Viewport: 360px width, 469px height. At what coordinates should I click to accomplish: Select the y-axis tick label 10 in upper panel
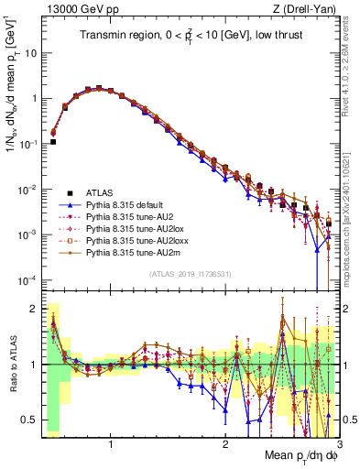coord(30,53)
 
